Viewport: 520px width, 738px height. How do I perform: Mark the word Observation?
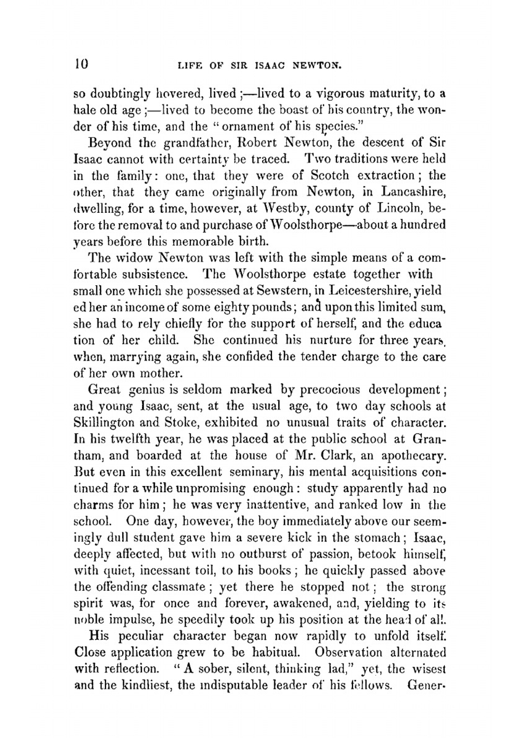(354, 652)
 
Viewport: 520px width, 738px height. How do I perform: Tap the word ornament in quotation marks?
(248, 126)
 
